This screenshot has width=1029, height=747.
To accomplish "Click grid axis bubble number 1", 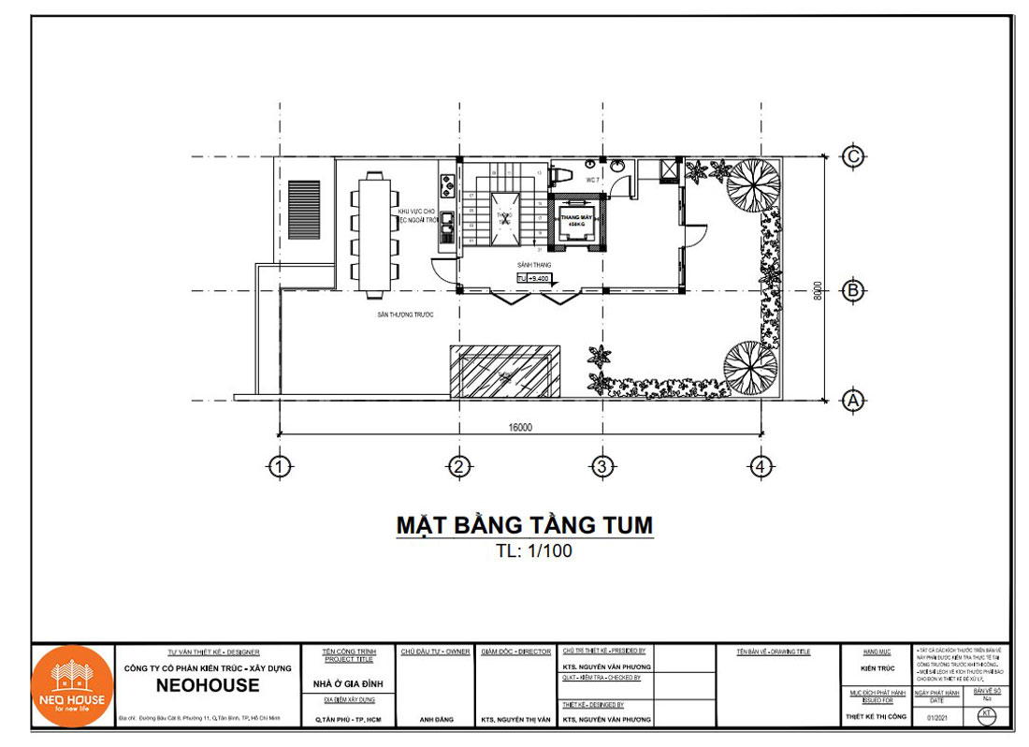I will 278,465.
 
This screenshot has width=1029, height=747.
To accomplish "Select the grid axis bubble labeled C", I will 852,156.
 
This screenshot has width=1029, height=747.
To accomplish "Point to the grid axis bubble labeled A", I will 852,401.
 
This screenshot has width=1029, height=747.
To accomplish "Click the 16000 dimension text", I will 520,427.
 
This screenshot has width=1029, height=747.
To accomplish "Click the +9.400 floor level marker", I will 534,279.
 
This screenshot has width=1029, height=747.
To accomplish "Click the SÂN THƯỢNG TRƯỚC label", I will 405,315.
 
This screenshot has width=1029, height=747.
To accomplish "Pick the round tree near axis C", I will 754,181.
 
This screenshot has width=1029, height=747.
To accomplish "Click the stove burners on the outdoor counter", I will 447,183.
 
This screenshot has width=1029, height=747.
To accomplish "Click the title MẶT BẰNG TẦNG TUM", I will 524,525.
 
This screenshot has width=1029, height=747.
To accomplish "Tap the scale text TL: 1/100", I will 534,550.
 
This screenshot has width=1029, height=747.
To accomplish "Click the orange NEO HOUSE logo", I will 72,687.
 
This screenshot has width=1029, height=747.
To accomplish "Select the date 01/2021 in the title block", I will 940,717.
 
